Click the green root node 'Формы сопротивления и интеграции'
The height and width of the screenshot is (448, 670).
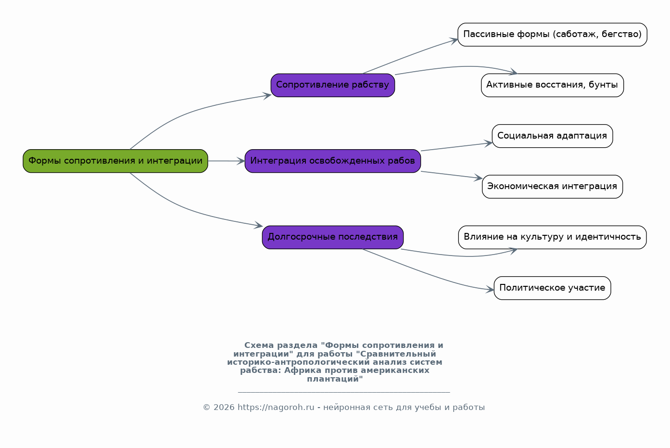coord(115,161)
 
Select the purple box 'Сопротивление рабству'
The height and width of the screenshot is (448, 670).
coord(333,85)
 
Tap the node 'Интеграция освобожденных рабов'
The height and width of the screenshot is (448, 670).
coord(333,161)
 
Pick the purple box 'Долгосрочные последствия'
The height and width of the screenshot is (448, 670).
coord(333,237)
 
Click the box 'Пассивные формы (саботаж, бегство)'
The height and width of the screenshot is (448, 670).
coord(552,35)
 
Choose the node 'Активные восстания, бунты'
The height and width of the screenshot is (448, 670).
coord(552,85)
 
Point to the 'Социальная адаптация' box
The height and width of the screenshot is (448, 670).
coord(552,136)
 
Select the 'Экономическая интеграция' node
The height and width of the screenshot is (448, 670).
coord(552,187)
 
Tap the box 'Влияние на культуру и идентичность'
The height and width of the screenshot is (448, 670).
coord(552,237)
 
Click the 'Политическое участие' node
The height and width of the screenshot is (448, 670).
coord(552,288)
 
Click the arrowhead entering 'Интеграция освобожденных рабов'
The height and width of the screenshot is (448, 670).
coord(241,161)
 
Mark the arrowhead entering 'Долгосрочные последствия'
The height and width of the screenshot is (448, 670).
coord(258,225)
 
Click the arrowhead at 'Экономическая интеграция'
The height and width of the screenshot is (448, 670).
coord(478,178)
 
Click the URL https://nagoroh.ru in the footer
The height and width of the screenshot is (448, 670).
coord(276,407)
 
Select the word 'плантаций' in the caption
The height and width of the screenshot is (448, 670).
coord(333,379)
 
